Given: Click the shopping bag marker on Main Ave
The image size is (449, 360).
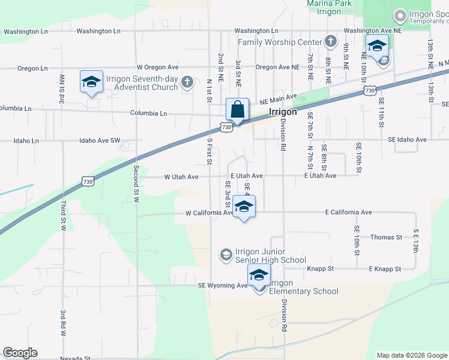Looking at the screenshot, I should [x=237, y=110].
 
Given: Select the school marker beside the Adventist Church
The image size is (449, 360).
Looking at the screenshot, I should [x=91, y=83].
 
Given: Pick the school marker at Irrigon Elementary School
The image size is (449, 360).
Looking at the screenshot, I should [x=259, y=277].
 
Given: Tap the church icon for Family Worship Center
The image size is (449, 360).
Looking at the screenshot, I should [x=330, y=42].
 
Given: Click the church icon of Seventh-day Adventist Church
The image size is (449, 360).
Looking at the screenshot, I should [x=187, y=82].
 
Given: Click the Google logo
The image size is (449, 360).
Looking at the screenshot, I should [x=20, y=353].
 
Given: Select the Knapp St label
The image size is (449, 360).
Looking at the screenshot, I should [x=321, y=269].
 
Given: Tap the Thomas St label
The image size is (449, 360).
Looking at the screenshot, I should [x=386, y=238].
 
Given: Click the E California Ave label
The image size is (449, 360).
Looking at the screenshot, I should [x=348, y=212].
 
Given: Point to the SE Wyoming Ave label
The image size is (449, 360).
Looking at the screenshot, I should [x=223, y=286].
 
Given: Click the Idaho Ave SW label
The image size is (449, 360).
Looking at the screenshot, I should [x=100, y=140].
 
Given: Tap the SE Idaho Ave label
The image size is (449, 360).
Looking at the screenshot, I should [x=407, y=140].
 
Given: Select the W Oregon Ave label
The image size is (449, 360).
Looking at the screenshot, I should [x=158, y=67].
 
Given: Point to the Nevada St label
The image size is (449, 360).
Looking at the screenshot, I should [x=74, y=358].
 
